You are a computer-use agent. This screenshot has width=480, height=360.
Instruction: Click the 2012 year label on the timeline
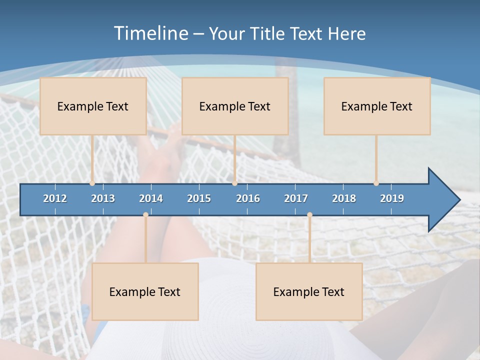(x=55, y=198)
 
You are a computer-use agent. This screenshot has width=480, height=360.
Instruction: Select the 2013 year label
(x=103, y=198)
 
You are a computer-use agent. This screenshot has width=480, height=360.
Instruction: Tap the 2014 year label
(x=151, y=198)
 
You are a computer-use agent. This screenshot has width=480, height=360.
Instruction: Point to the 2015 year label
(x=199, y=198)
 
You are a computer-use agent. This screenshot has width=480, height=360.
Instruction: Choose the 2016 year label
(x=248, y=198)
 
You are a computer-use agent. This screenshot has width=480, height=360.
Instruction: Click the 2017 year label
(x=296, y=198)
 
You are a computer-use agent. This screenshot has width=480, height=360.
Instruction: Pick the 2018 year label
(x=344, y=198)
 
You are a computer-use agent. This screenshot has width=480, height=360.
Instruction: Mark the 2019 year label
(x=392, y=198)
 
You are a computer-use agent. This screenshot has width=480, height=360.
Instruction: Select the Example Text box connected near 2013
(x=93, y=106)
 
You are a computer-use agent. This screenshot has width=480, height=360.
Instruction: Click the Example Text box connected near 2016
(x=235, y=106)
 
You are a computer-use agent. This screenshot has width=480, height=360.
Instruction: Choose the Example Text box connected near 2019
(x=377, y=106)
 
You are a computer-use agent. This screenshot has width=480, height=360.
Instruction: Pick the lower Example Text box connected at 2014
(x=145, y=291)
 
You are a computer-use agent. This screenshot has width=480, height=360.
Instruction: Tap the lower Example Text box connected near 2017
(x=309, y=291)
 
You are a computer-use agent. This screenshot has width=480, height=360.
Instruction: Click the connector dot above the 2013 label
(x=92, y=183)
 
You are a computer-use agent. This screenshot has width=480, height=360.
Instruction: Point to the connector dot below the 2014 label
(x=145, y=214)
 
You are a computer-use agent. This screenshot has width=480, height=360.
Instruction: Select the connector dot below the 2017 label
(x=309, y=214)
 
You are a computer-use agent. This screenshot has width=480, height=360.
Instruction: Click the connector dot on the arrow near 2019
(x=376, y=183)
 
